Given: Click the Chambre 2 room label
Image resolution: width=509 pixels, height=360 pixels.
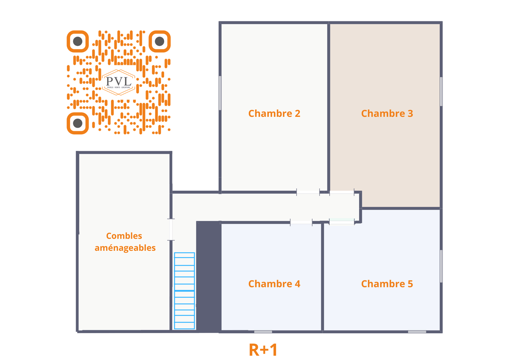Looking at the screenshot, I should coord(274,114).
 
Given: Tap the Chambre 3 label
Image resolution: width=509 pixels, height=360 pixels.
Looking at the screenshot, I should coord(387,114).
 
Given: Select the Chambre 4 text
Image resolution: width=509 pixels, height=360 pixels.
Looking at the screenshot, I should coord(274,284).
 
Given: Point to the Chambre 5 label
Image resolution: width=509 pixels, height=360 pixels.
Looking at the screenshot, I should coord(387,284).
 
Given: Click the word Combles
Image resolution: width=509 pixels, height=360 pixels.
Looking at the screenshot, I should coord(124,236).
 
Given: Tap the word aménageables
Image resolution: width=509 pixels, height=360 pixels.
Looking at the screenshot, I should coord(125,248).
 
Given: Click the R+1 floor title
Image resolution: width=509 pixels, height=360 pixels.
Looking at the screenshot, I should coord(263,350).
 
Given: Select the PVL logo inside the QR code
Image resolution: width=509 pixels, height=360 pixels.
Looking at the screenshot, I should coord(119,82).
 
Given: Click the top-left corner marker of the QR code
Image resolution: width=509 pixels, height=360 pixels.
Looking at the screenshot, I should coord(78,41).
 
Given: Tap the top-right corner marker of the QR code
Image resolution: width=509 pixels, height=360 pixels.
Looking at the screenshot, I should coord(160,41).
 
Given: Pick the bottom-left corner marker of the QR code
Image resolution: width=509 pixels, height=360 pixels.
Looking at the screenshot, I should coord(78,123).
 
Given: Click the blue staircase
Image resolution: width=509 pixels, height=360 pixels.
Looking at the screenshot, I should coord(184,291).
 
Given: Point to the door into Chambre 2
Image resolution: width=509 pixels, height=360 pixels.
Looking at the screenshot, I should coord(308,192).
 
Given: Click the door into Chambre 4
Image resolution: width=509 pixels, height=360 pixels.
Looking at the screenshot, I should coord(301,222).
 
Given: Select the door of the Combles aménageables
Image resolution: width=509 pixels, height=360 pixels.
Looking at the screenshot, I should coord(171,229).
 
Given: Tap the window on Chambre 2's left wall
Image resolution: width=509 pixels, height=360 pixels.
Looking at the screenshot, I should coord(220,93).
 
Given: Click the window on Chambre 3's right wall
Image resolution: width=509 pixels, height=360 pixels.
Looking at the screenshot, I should coord(441,91).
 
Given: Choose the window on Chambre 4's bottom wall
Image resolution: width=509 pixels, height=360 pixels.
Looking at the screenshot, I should coord(263,332).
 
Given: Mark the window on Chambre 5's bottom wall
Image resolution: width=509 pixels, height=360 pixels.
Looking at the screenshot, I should coord(417,332).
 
